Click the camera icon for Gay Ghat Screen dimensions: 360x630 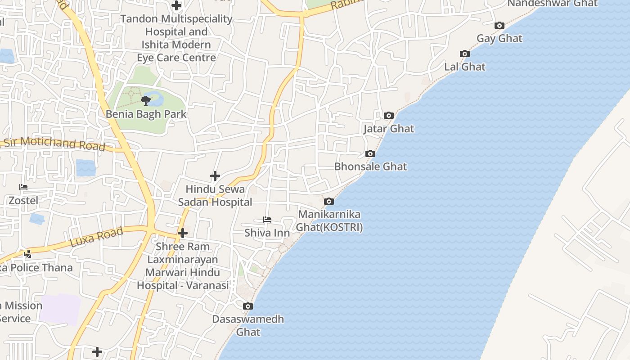tap(499, 26)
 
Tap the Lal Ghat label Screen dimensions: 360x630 tap(465, 67)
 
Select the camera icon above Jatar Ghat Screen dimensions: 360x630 tap(389, 116)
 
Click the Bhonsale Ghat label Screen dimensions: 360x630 tap(370, 166)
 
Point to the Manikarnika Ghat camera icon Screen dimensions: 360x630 tap(329, 202)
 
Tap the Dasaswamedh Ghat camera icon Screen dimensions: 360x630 tap(247, 306)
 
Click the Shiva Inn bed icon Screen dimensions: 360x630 tap(267, 220)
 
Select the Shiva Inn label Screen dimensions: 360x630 tap(267, 233)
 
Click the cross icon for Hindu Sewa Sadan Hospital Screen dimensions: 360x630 tap(215, 176)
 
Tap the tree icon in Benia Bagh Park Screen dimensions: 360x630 tap(145, 100)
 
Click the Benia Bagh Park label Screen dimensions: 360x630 tap(146, 114)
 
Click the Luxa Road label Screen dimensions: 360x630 tap(96, 237)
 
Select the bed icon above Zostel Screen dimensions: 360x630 tap(23, 187)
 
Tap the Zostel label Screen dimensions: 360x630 tap(23, 200)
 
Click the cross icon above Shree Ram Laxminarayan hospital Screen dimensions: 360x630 tap(183, 233)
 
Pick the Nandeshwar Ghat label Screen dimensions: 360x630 tap(553, 4)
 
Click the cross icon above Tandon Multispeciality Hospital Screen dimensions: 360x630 tap(176, 5)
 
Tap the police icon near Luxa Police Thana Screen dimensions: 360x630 tap(27, 254)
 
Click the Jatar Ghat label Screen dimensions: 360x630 tap(389, 129)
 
